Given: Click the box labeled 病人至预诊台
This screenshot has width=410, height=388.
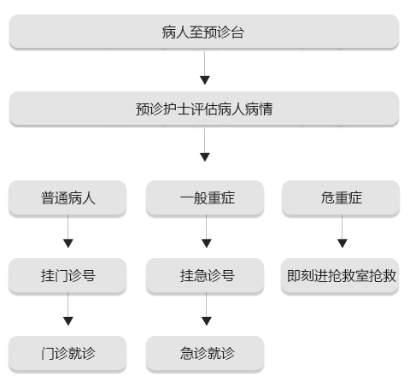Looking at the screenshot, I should pos(204,32).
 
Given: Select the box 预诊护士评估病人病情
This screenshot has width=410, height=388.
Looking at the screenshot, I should pos(204,109).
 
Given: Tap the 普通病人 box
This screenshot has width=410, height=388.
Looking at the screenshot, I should pos(68,198).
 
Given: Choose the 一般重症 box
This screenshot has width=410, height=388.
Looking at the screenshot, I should pos(205,198).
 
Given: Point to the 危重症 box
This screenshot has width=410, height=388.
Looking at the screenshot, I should pos(342,198).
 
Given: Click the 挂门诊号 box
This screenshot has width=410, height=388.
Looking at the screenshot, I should pos(68,276).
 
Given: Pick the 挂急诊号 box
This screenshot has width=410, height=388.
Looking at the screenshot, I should pos(205,276).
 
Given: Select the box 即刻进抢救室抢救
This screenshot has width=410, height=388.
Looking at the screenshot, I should pos(342,276).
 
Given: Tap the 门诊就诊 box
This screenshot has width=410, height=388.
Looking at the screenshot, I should pos(68,354).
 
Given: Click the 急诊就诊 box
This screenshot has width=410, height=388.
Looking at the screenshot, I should pos(205,354).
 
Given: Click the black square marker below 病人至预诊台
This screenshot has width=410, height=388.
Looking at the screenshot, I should pos(204,79).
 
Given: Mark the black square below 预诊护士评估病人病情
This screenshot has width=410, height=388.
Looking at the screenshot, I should pos(204,156).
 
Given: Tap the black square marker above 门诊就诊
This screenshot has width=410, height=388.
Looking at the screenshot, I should pos(68,320).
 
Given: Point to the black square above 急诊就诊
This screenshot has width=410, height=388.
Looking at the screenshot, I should pos(205,320).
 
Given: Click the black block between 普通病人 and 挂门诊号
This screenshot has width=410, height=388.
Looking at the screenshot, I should pos(68,238).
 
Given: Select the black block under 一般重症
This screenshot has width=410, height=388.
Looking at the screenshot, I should pos(212,238).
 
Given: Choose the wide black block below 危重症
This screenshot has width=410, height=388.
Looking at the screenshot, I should pos(342,238).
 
